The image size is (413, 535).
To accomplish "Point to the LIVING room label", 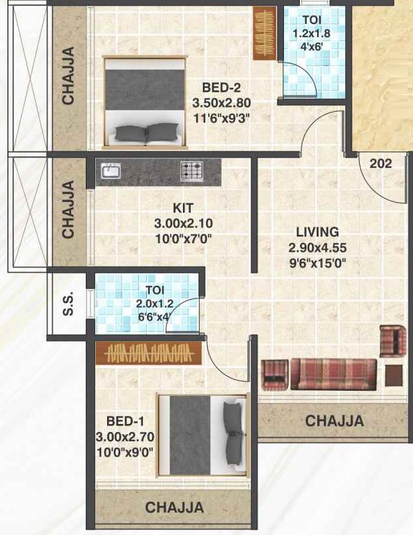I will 318,232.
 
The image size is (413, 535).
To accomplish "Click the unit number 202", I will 381,163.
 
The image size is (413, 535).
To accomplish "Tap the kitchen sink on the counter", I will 111,171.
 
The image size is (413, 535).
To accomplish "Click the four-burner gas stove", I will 192,171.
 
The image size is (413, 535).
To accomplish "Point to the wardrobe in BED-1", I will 148,353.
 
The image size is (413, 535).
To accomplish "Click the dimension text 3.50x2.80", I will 221,104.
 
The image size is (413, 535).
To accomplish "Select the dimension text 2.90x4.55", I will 319,247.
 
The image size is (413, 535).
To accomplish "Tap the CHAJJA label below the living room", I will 334,421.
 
